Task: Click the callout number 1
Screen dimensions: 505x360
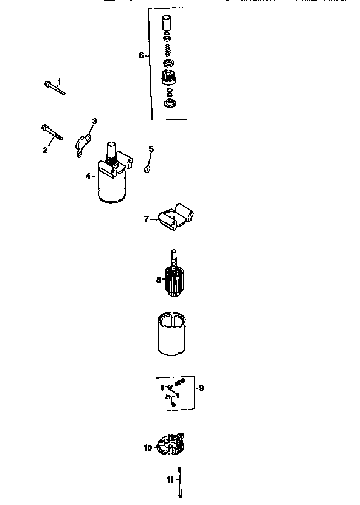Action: point(59,81)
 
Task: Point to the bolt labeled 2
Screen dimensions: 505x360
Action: point(52,133)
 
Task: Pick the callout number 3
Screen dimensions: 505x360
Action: point(94,121)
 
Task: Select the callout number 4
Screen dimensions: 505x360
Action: point(88,176)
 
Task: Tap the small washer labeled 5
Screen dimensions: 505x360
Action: point(147,167)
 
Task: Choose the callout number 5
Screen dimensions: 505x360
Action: point(151,149)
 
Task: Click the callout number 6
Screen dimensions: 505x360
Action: point(141,55)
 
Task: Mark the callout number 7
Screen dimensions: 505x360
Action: point(147,219)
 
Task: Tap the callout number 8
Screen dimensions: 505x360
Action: point(158,280)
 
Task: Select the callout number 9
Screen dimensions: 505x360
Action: point(201,387)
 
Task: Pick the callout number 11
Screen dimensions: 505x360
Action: point(170,479)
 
